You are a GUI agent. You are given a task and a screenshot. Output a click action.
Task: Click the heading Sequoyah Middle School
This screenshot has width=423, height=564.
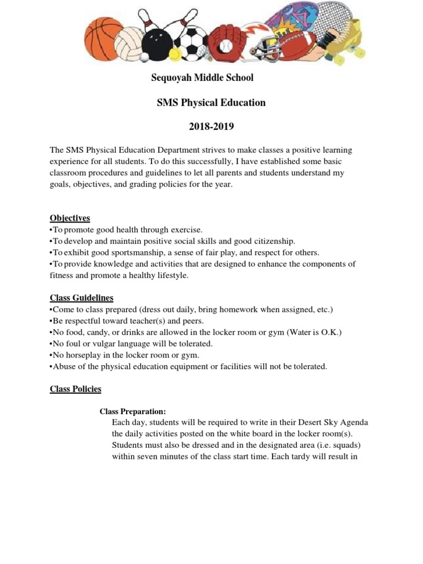click(202, 78)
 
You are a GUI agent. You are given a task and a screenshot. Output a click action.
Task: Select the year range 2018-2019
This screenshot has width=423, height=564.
click(211, 127)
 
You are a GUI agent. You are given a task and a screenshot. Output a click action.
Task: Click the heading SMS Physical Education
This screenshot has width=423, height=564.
click(211, 102)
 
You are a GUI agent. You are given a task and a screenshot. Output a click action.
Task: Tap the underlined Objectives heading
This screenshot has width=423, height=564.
click(70, 218)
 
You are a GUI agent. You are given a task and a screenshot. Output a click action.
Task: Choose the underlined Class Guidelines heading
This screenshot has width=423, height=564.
click(82, 298)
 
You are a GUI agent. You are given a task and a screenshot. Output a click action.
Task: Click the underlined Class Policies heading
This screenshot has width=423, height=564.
click(75, 389)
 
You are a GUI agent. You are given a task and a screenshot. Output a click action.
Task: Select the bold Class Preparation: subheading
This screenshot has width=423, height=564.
click(132, 411)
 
